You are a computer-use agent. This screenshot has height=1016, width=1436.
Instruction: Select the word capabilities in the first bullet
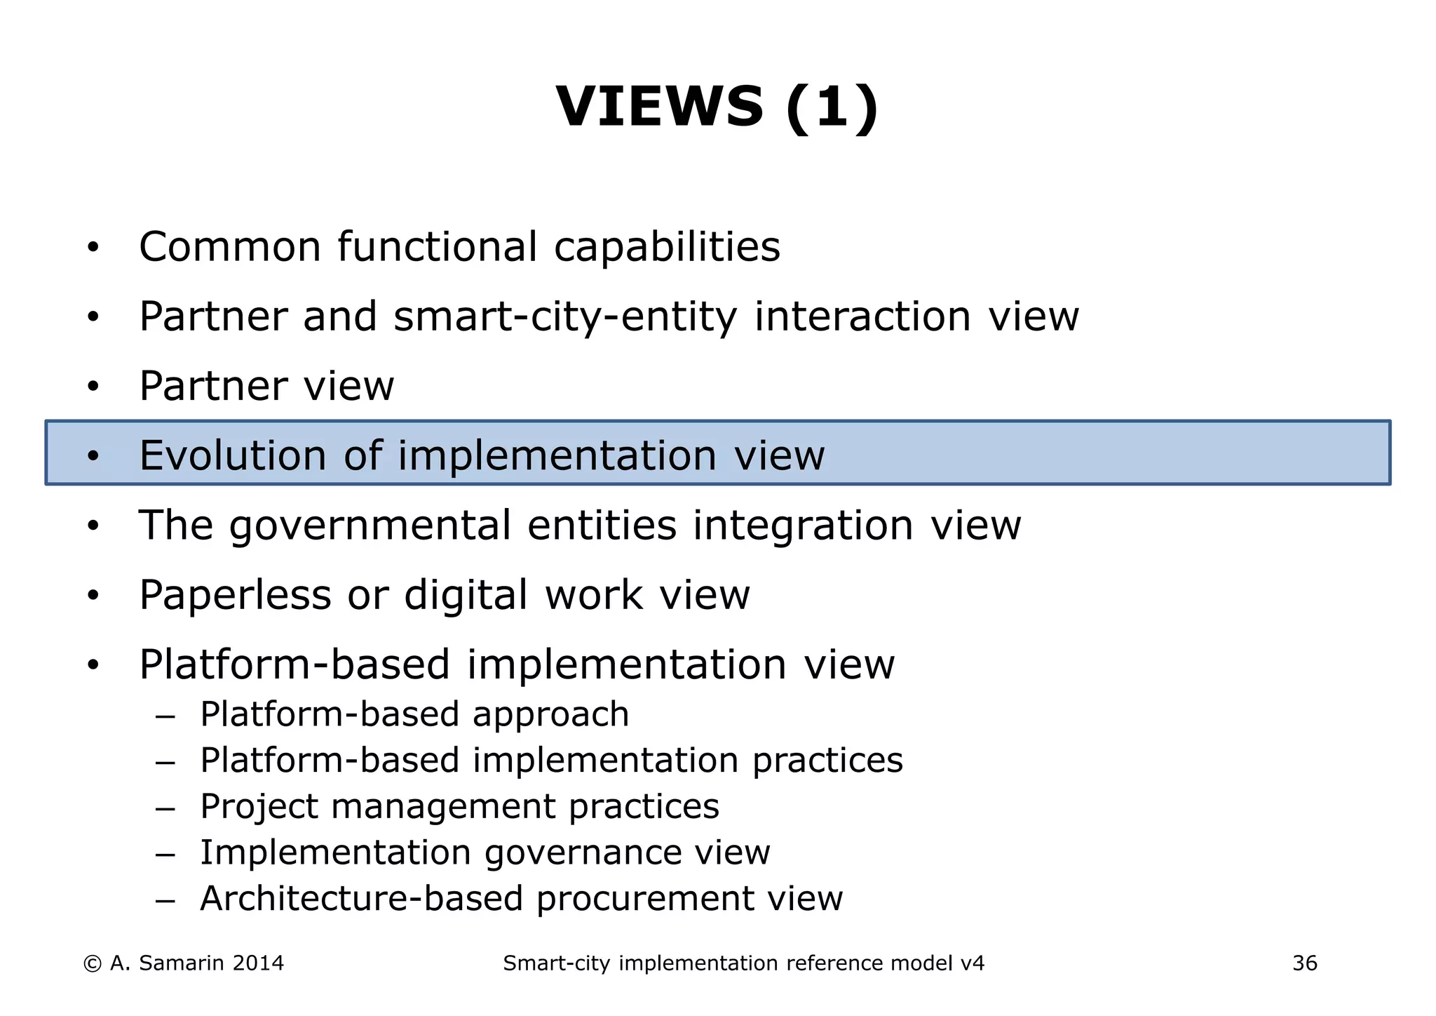(667, 248)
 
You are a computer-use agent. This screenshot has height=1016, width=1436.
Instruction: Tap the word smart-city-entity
(565, 317)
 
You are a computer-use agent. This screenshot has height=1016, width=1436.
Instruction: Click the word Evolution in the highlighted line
(233, 455)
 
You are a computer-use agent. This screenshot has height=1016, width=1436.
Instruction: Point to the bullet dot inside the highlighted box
(93, 456)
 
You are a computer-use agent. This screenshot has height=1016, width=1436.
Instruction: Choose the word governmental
(370, 526)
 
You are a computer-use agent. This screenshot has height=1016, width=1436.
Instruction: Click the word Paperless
(235, 596)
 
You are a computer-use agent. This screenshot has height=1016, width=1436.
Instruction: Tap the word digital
(466, 596)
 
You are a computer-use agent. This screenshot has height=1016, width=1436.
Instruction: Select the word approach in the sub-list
(550, 715)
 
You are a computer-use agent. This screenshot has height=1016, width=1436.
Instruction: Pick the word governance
(582, 853)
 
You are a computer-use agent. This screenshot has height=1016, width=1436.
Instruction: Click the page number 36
(1305, 963)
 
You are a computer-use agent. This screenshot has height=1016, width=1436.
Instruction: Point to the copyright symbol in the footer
(92, 964)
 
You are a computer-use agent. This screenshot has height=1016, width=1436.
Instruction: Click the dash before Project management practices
(165, 808)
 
